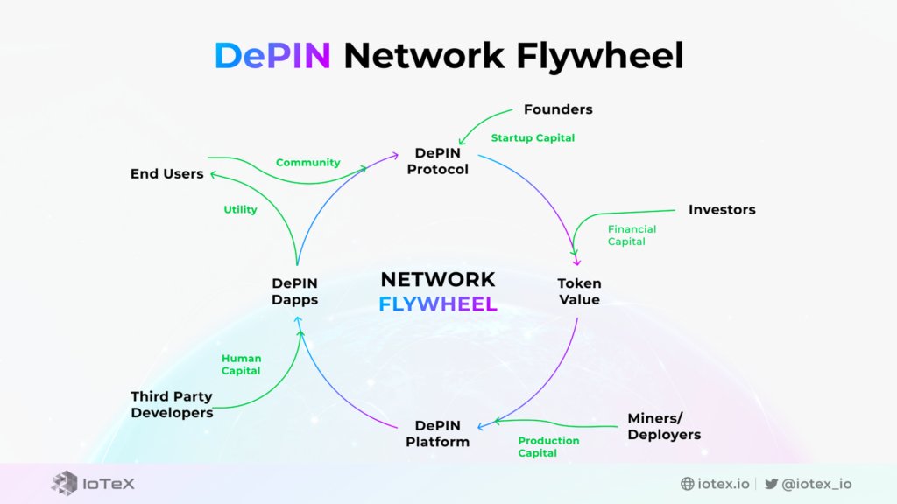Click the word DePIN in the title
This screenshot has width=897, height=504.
[272, 56]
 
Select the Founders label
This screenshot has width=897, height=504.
[558, 109]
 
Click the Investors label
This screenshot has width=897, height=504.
[722, 210]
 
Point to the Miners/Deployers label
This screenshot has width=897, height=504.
[664, 426]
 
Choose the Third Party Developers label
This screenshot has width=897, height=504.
[172, 405]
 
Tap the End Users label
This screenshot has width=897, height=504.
[166, 174]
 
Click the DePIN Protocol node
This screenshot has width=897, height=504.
[441, 161]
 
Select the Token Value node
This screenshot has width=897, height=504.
[579, 292]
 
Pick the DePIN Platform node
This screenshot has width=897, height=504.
[437, 434]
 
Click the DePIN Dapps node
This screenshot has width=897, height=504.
[294, 291]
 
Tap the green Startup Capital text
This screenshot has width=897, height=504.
[533, 138]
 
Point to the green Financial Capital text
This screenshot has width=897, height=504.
[632, 235]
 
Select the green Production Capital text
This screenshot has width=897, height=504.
[548, 447]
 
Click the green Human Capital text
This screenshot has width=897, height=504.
[241, 365]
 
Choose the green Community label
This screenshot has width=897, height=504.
[307, 163]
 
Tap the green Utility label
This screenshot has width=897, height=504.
[240, 210]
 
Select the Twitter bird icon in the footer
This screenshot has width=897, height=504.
[771, 484]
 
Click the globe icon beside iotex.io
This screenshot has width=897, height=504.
[688, 484]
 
